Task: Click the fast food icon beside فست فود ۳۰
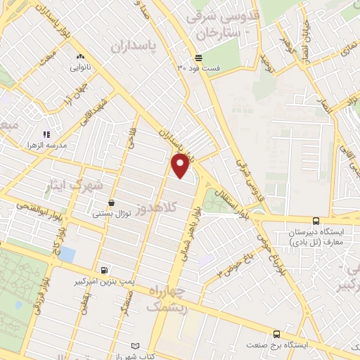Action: [x=200, y=57]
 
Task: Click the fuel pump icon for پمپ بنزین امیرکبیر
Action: [x=105, y=270]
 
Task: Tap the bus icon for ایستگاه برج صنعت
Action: [x=277, y=335]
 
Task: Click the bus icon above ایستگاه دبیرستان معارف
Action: [x=315, y=221]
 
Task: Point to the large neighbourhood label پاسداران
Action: [x=134, y=46]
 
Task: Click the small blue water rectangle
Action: [x=67, y=254]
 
